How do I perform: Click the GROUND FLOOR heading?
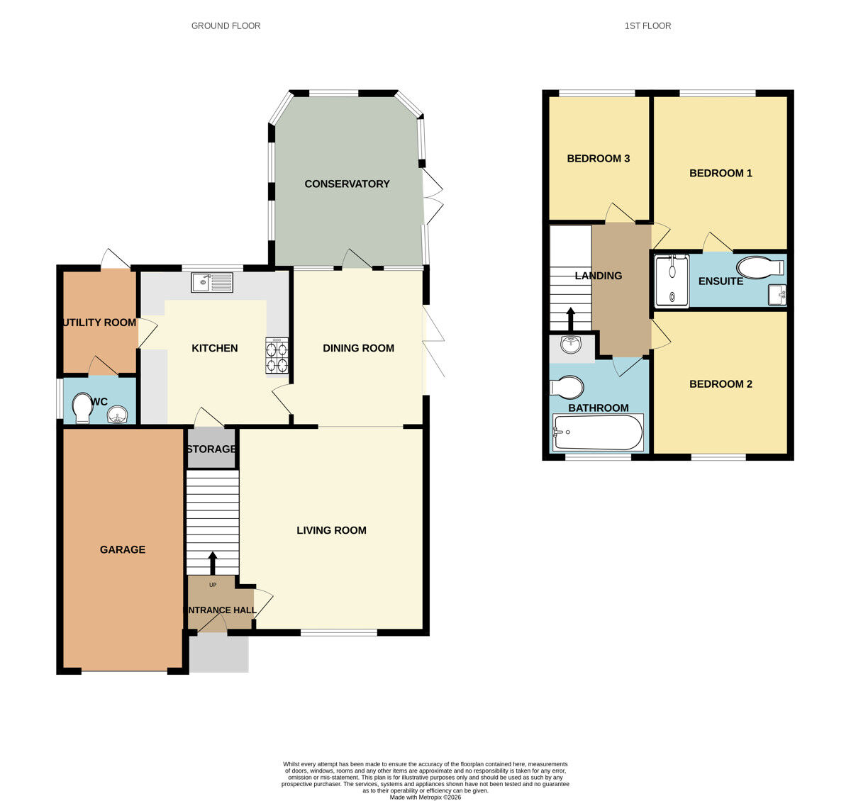coord(226,26)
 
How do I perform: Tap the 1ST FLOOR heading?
coord(647,26)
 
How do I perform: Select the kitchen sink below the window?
coord(211,283)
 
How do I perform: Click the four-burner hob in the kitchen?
coord(277,356)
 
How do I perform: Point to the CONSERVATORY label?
coord(347,184)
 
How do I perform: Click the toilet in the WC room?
coord(82,409)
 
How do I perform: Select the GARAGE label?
coord(123,549)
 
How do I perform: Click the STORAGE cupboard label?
coord(211,449)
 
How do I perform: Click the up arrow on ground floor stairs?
coord(212,564)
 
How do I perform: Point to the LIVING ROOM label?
coord(331,530)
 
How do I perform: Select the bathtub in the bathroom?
coord(598,432)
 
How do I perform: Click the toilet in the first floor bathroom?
coord(567,388)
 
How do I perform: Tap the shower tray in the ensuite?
coord(671,281)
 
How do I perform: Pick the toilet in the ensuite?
coord(759,268)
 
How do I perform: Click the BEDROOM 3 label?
coord(598,159)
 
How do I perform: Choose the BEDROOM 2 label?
coord(721,384)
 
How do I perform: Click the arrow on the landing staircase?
coord(570,319)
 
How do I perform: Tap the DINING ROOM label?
coord(358,348)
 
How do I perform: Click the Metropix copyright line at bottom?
coord(425,797)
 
